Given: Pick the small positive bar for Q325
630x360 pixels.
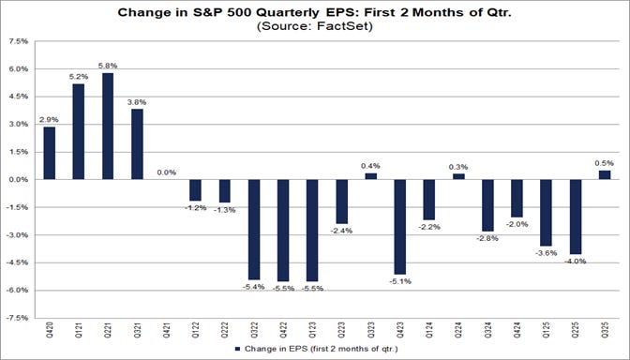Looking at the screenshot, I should point(603,174).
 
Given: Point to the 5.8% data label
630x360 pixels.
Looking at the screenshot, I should point(108,66).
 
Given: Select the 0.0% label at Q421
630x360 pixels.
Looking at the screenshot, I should point(167,172).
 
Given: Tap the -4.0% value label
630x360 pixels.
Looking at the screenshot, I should point(574,262).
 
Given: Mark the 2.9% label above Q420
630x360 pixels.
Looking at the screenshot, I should point(50,119).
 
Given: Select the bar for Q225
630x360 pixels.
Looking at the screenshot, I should point(574,217).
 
